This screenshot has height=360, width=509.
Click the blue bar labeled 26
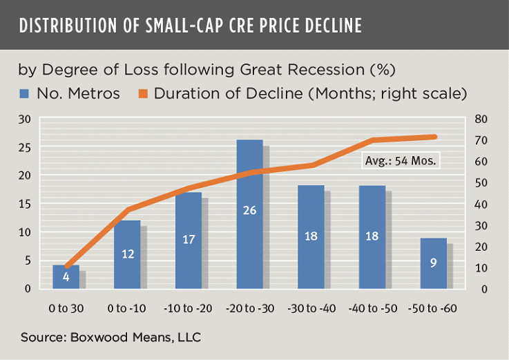pyautogui.click(x=249, y=214)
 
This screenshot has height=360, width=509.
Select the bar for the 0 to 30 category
pyautogui.click(x=66, y=276)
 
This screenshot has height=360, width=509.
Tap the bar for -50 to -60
pyautogui.click(x=433, y=263)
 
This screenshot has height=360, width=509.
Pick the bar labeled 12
pyautogui.click(x=127, y=254)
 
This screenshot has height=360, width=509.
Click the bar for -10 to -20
pyautogui.click(x=189, y=240)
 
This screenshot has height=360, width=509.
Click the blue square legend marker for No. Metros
pyautogui.click(x=24, y=93)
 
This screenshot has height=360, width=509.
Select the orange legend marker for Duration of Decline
pyautogui.click(x=144, y=93)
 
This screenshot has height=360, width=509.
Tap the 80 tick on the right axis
pyautogui.click(x=481, y=120)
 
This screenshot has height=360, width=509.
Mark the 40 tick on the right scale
pyautogui.click(x=481, y=204)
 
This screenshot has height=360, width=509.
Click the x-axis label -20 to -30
pyautogui.click(x=249, y=306)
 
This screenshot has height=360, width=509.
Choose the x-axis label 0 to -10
pyautogui.click(x=127, y=306)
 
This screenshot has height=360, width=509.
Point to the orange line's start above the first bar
pyautogui.click(x=66, y=267)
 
